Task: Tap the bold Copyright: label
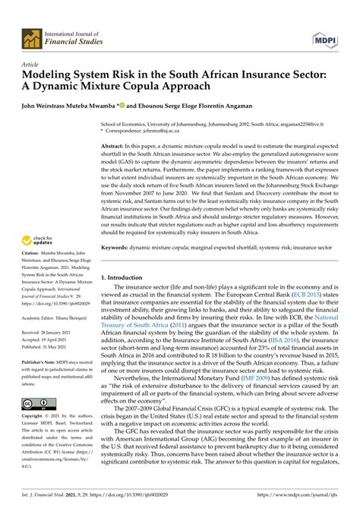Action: (x=36, y=440)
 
